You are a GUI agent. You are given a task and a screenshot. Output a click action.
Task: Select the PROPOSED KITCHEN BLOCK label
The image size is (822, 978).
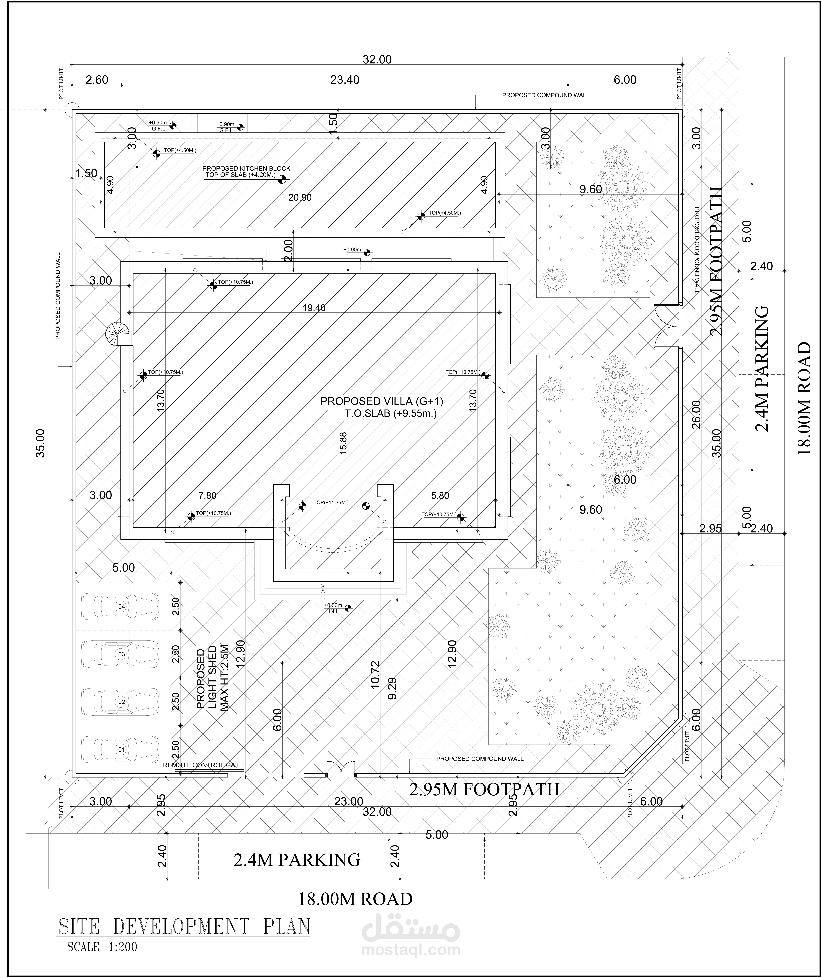coord(246,168)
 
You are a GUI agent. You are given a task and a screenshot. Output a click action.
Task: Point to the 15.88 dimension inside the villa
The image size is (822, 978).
coord(343,443)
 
